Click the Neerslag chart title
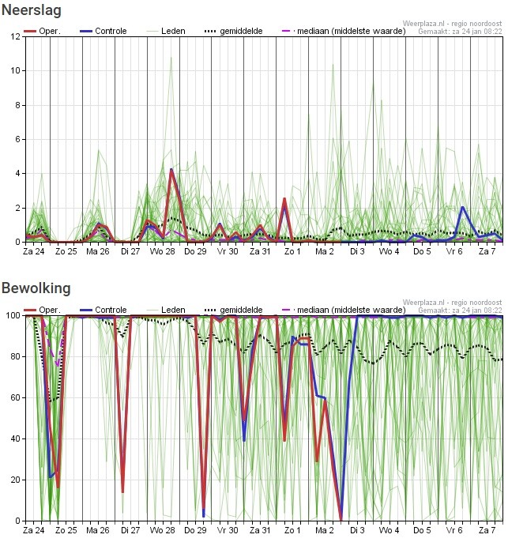[32, 10]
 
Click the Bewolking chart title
[36, 288]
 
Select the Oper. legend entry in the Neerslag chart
[42, 31]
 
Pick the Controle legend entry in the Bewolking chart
[103, 310]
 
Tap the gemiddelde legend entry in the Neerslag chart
[234, 31]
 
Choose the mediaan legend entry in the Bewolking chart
[344, 310]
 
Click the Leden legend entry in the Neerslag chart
[166, 31]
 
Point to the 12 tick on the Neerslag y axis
[16, 36]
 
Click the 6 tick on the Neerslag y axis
[17, 139]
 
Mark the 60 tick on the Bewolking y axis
[16, 397]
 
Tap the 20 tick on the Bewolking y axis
[16, 480]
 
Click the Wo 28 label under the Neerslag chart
[163, 251]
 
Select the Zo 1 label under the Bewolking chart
[292, 530]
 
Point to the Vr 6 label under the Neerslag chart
[454, 251]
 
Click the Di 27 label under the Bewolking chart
[130, 530]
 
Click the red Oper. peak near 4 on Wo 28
[171, 170]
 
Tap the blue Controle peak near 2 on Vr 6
[462, 207]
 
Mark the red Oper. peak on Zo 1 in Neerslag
[284, 199]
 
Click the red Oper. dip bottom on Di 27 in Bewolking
[122, 491]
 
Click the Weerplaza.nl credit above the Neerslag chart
[452, 24]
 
